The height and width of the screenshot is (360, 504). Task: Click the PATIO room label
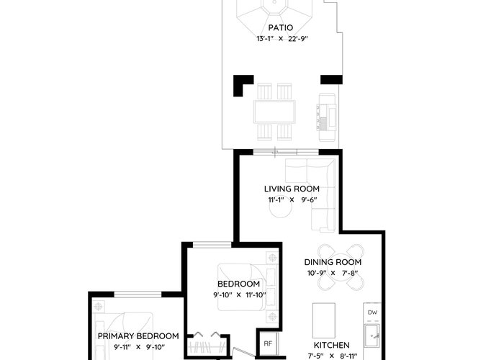281,27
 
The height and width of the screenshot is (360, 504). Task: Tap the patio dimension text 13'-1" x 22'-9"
282,39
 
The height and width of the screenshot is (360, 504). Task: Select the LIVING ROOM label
292,189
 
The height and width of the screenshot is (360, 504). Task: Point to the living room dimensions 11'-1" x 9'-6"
292,199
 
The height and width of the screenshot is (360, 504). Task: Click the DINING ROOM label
333,262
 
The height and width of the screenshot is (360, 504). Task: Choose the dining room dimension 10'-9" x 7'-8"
333,273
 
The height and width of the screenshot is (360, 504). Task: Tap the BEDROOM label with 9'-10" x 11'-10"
238,284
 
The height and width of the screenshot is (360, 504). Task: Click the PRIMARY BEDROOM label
138,336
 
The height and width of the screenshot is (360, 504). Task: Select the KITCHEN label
331,345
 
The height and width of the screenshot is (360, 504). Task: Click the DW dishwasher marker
372,312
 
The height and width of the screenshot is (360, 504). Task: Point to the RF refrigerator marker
268,343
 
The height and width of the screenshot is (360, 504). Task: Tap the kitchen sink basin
372,336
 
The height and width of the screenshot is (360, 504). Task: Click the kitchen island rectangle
324,320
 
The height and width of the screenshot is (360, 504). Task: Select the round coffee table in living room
281,207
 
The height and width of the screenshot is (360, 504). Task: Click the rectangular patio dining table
274,112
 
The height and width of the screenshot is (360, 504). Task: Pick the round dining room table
341,267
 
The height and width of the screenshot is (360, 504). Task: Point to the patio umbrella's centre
275,1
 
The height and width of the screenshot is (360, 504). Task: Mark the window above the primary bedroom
138,294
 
